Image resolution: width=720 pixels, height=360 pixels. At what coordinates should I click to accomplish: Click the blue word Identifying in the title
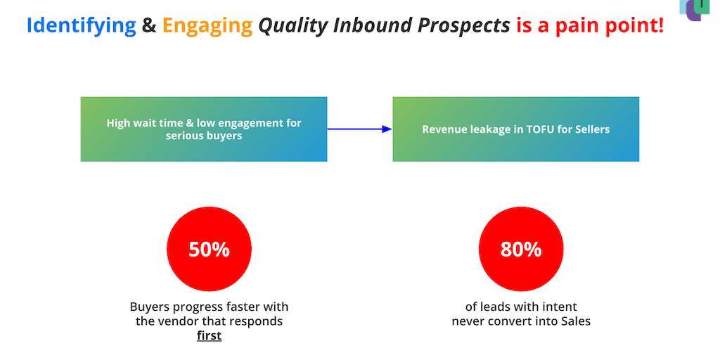82,26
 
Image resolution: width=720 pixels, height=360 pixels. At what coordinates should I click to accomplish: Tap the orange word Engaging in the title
207,26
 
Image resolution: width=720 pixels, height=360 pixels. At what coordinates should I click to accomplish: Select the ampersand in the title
149,25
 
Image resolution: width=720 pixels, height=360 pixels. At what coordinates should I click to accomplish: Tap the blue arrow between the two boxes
359,129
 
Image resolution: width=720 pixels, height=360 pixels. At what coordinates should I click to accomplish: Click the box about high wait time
204,129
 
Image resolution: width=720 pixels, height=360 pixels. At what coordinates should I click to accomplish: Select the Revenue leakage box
515,129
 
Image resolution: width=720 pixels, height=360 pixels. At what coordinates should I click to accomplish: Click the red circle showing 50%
209,249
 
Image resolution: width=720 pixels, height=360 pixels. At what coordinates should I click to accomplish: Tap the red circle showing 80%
521,249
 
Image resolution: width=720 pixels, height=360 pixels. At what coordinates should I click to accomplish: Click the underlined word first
209,335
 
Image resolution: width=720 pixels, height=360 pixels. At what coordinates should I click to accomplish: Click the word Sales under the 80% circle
576,321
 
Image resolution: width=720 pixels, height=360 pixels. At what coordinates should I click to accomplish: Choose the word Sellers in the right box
592,129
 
